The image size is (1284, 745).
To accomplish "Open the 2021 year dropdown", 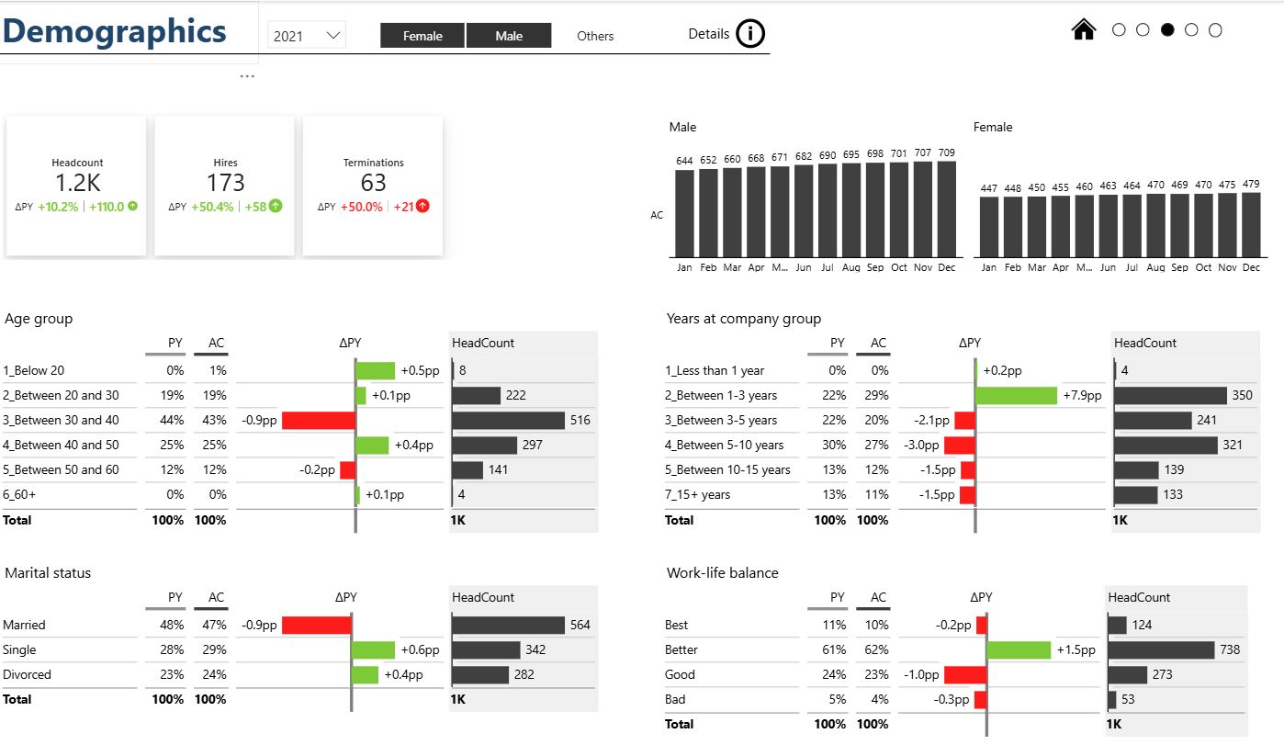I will tap(307, 36).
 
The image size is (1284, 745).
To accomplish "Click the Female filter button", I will tap(422, 36).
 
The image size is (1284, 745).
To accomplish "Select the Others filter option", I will tap(595, 36).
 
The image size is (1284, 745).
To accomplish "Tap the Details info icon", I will tap(750, 34).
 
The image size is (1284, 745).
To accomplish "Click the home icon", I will tap(1084, 30).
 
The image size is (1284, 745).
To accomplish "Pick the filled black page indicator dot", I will tap(1167, 30).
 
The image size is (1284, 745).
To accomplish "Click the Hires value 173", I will tap(225, 182).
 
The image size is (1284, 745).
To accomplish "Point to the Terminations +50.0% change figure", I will tap(362, 207).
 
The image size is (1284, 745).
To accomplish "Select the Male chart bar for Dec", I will tap(946, 209).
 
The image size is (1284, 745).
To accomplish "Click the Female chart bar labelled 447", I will tap(988, 227).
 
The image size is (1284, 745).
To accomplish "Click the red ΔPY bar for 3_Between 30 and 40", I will tap(318, 420).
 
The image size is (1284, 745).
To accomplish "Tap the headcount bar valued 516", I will tap(508, 420).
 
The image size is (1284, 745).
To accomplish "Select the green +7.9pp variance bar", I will tap(1017, 395).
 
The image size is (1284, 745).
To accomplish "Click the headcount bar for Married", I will tap(508, 625).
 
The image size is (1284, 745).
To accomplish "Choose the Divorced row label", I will tap(28, 674).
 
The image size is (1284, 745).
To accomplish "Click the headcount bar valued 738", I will tap(1161, 649).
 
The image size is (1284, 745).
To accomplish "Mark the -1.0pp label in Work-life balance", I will tap(922, 674).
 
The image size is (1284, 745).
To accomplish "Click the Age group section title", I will tap(39, 319).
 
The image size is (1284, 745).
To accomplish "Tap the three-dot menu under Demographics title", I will tap(247, 76).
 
